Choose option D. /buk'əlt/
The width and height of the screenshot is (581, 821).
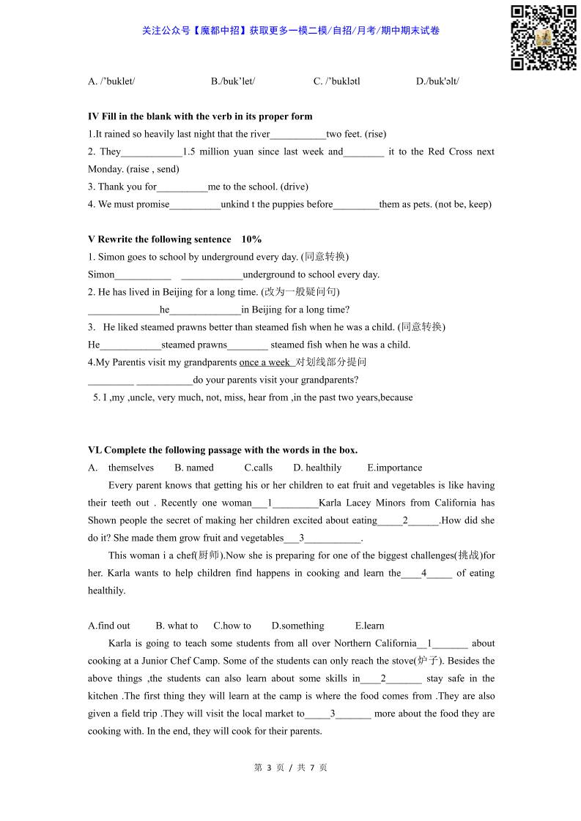pyautogui.click(x=437, y=81)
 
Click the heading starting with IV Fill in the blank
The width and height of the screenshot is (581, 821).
pyautogui.click(x=200, y=116)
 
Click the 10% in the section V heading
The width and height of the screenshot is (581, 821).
pyautogui.click(x=251, y=239)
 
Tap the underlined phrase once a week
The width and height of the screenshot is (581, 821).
pyautogui.click(x=264, y=362)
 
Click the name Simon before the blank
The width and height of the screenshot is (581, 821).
pyautogui.click(x=101, y=274)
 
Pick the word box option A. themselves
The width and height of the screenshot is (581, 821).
pyautogui.click(x=122, y=468)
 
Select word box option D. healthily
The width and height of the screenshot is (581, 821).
pyautogui.click(x=317, y=468)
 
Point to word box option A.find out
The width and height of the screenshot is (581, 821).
pyautogui.click(x=109, y=626)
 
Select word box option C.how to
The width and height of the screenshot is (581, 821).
pyautogui.click(x=232, y=626)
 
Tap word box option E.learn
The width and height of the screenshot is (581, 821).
pyautogui.click(x=369, y=626)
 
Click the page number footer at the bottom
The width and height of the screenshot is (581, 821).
pyautogui.click(x=290, y=768)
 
